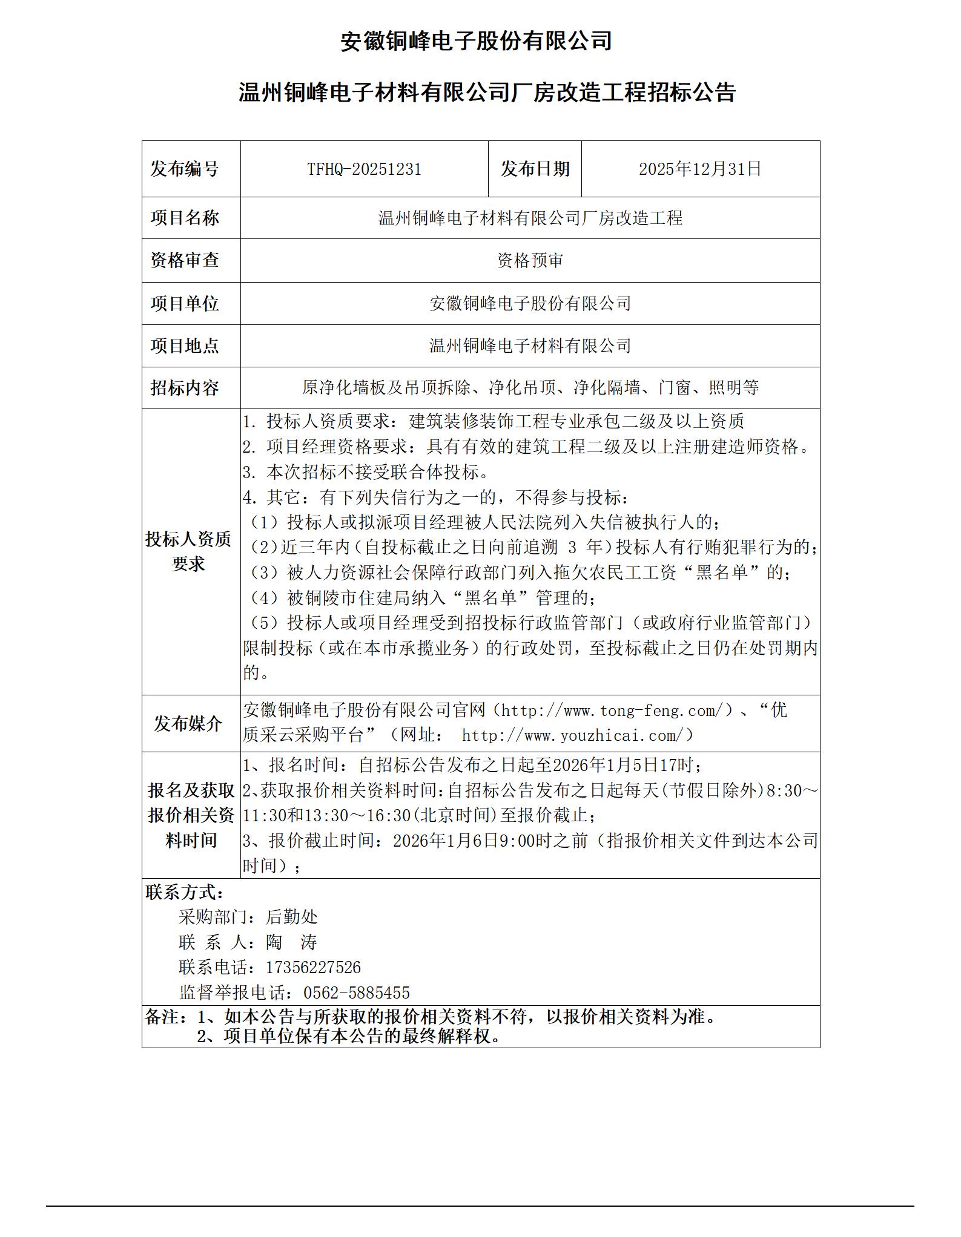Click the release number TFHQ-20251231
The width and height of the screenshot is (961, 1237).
[364, 169]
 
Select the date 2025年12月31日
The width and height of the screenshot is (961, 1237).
[700, 169]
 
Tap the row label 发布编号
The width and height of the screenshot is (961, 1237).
[185, 169]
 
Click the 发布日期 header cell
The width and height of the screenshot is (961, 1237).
[535, 169]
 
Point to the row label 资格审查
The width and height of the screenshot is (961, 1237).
[185, 260]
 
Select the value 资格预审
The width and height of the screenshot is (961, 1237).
[530, 260]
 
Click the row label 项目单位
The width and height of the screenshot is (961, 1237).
[185, 303]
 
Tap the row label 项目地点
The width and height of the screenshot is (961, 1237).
[185, 346]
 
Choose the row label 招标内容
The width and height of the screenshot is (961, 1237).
[185, 387]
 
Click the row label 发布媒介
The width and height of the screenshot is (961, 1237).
[188, 723]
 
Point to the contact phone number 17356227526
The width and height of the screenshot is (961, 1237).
[313, 967]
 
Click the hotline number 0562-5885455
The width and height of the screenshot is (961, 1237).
[356, 993]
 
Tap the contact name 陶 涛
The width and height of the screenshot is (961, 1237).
[291, 942]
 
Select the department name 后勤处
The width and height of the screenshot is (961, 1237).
[291, 917]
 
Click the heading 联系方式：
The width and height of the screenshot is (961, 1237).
[185, 892]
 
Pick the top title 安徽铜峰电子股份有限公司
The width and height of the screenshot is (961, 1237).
[476, 41]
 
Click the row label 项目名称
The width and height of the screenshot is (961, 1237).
[185, 218]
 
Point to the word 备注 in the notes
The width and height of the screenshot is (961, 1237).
[162, 1017]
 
